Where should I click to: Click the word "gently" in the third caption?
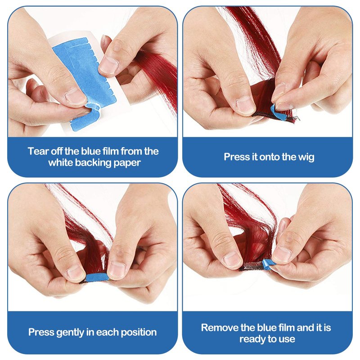(x=70, y=333)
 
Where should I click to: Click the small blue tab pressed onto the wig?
(x=278, y=112)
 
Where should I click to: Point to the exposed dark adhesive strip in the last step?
(x=252, y=266)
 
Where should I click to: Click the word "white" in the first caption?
(x=61, y=163)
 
